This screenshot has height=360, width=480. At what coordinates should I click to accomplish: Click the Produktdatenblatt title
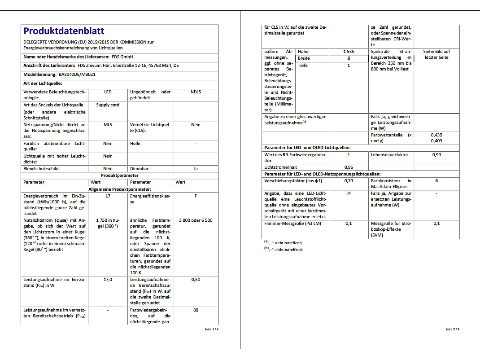click(64, 31)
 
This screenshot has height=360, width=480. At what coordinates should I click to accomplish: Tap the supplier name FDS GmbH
click(122, 57)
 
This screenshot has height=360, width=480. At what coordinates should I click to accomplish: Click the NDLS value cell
click(196, 92)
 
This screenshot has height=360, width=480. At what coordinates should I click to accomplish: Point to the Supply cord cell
click(108, 105)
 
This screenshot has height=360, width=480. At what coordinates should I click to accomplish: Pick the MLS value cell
click(108, 124)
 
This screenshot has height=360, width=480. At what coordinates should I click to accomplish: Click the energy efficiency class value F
click(196, 196)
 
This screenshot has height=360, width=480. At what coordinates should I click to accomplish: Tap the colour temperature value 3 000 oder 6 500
click(196, 220)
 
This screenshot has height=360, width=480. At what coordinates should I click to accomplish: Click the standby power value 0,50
click(196, 279)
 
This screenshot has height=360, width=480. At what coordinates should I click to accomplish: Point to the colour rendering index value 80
click(196, 310)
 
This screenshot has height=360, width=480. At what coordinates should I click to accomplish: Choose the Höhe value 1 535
click(348, 52)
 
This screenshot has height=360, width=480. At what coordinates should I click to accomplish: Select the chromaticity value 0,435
click(436, 135)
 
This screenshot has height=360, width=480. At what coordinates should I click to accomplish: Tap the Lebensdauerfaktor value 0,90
click(436, 154)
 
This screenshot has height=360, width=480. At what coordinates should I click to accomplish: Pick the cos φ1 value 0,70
click(348, 180)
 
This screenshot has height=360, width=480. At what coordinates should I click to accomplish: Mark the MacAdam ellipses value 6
click(436, 180)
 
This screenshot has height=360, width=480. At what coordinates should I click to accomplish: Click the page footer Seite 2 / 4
click(452, 329)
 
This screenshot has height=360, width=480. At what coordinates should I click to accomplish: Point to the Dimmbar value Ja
click(196, 169)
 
